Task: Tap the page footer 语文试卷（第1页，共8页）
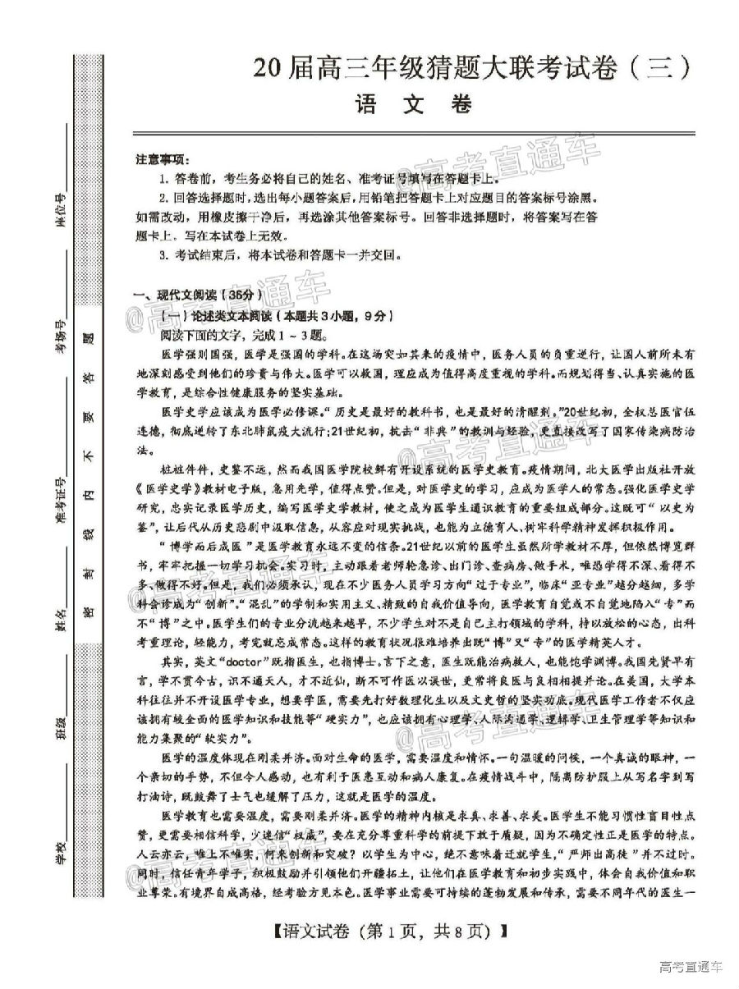click(x=385, y=932)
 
